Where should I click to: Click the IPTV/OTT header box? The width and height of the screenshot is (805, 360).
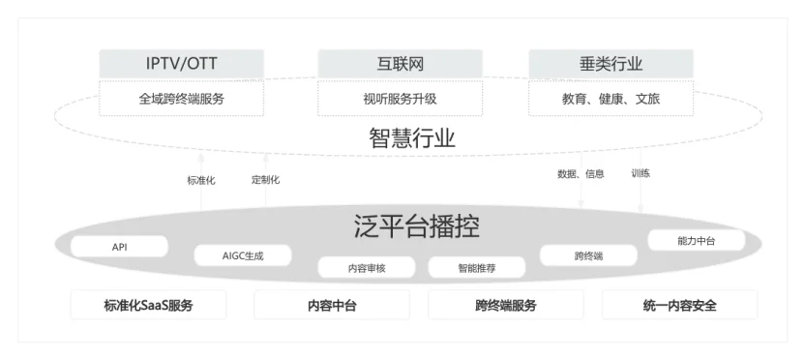182,65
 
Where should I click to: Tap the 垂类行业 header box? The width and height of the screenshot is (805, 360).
611,65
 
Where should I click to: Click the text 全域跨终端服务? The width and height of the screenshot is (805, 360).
182,99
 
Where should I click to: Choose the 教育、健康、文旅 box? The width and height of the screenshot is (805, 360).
611,99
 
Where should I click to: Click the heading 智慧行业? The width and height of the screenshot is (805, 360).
411,138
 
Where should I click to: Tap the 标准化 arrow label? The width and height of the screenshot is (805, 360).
201,180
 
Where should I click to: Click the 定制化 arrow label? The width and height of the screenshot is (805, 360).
265,179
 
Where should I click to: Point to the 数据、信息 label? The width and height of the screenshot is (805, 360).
581,174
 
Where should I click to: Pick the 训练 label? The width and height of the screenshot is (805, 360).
641,173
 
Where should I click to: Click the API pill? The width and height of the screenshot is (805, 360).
119,247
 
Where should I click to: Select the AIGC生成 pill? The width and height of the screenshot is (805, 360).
243,256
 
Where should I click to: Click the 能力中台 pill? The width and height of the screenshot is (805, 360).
696,240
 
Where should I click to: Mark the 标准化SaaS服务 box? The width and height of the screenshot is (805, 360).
148,306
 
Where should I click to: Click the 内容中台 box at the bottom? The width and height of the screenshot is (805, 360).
332,306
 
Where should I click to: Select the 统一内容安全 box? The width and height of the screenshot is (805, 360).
679,306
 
